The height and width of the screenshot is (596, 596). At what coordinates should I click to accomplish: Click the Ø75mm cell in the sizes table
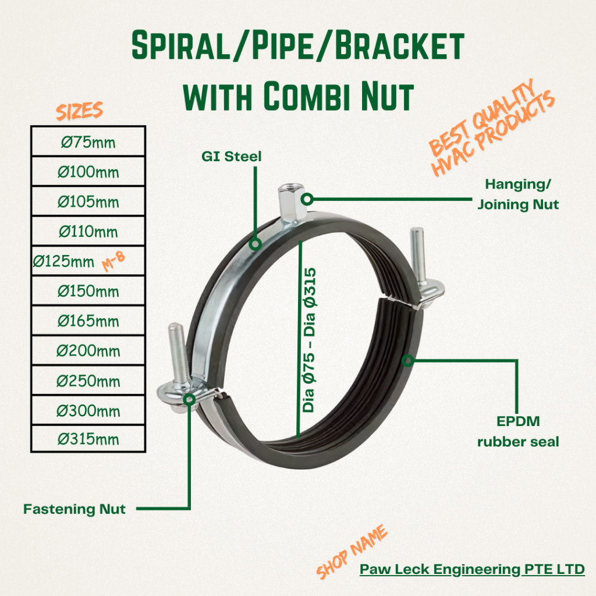(x=88, y=141)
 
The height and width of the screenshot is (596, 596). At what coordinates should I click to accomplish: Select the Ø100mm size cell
(x=88, y=172)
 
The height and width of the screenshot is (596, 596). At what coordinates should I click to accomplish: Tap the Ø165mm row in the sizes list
(x=88, y=321)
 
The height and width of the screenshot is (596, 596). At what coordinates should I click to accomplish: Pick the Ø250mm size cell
(x=88, y=381)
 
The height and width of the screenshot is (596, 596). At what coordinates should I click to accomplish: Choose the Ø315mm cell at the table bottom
(x=88, y=439)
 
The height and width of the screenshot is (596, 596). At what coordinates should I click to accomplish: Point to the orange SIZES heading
(x=79, y=110)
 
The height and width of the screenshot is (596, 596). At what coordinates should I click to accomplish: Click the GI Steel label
(x=232, y=156)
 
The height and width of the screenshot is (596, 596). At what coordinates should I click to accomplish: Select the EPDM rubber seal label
(x=518, y=431)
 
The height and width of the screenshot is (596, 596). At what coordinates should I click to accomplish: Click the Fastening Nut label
(x=74, y=509)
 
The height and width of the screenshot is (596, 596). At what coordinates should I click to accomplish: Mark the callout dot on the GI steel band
(x=254, y=244)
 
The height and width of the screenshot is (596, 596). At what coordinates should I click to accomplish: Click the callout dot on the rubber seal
(x=409, y=361)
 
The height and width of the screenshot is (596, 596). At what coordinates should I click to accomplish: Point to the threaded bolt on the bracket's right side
(x=417, y=250)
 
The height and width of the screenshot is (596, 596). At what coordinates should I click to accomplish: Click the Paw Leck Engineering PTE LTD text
(x=472, y=569)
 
